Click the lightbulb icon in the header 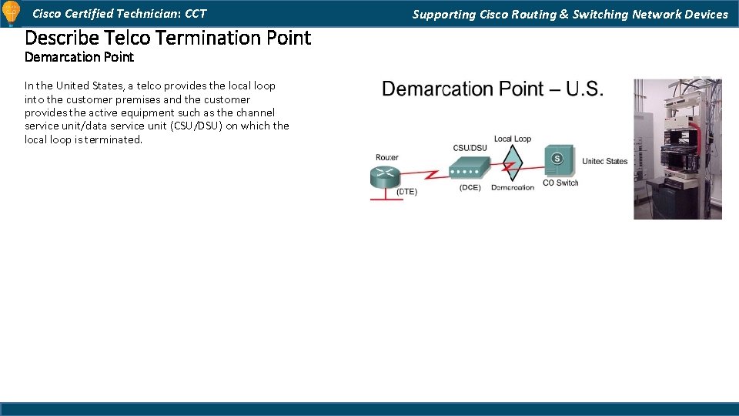click(x=12, y=14)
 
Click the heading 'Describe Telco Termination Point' click(x=168, y=37)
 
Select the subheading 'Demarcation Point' click(x=79, y=57)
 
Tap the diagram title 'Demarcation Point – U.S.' click(x=493, y=89)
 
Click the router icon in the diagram click(x=386, y=176)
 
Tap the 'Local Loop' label click(x=513, y=139)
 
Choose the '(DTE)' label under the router click(x=407, y=192)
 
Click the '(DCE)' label click(x=470, y=188)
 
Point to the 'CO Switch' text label click(x=560, y=183)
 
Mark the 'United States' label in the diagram click(x=605, y=162)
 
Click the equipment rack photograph click(x=677, y=148)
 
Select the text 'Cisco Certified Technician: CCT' click(x=119, y=14)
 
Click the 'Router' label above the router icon click(x=387, y=158)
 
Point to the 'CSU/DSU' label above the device click(x=470, y=148)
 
